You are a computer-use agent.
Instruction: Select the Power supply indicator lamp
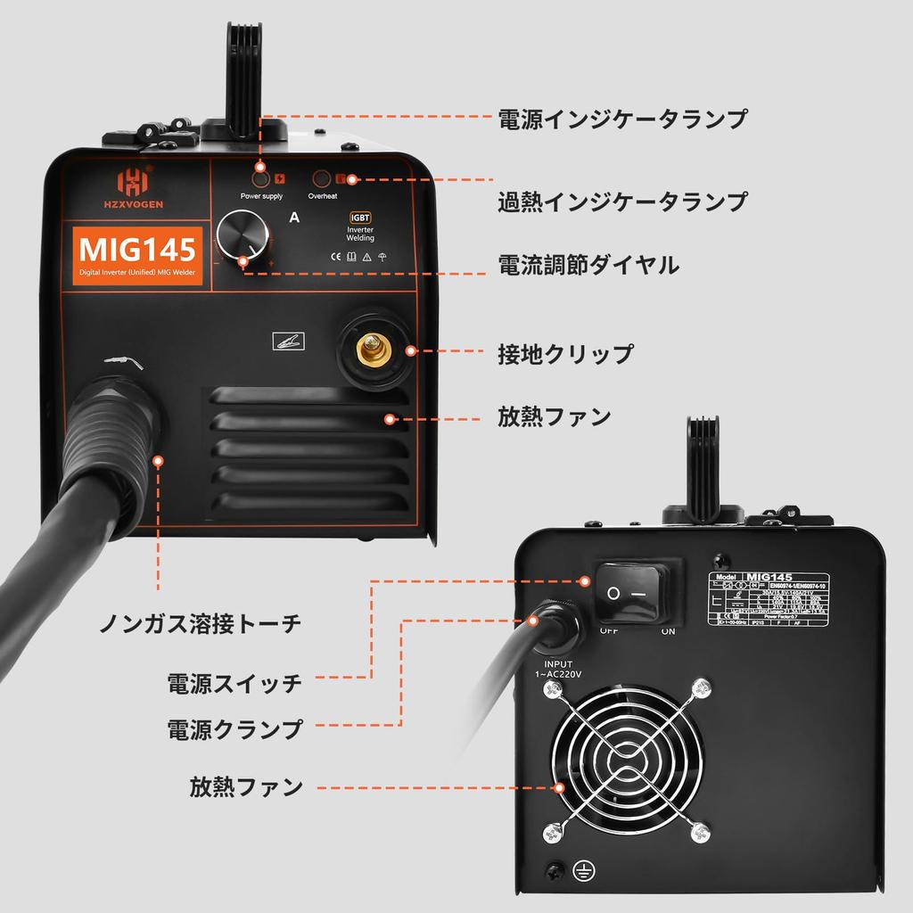[261, 177]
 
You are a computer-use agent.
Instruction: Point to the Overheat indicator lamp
[323, 177]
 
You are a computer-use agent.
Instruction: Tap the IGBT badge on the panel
[360, 216]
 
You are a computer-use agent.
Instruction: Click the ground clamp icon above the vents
[289, 340]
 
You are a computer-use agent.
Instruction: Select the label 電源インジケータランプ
[622, 119]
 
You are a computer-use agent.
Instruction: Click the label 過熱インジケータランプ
[622, 202]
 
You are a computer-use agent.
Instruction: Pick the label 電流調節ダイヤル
[588, 265]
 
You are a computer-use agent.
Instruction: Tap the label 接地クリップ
[565, 353]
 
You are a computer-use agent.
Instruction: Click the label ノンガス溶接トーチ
[200, 623]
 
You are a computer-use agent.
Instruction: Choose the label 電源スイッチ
[234, 684]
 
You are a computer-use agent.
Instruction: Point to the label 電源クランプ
[234, 728]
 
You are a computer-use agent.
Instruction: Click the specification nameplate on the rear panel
[772, 605]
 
